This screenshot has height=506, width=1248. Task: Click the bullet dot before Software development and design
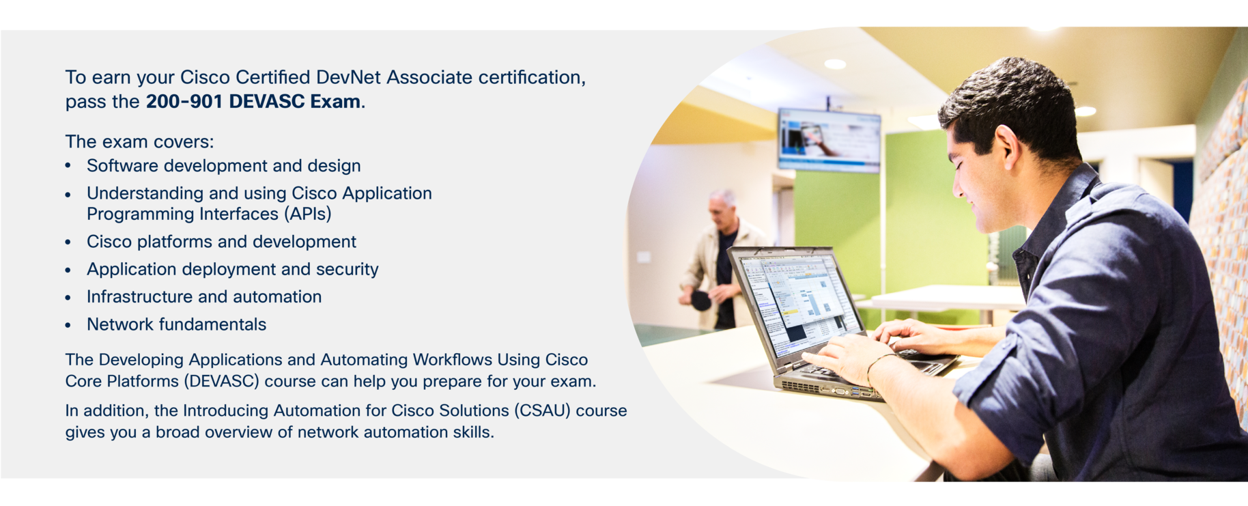tap(68, 166)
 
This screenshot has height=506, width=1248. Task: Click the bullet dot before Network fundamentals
tap(68, 325)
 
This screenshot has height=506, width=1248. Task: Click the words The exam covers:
tap(140, 142)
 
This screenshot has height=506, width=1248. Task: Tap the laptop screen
tap(795, 300)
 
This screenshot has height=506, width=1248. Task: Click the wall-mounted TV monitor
tap(829, 139)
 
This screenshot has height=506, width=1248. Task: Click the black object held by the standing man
tap(701, 300)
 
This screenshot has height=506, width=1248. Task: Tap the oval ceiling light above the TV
tap(835, 64)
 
